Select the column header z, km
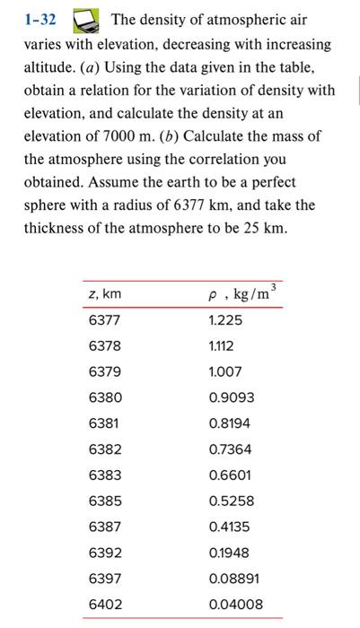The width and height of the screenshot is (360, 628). coord(105,294)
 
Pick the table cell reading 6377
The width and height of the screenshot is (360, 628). coord(104,319)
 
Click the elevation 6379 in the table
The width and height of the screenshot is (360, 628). coord(104,371)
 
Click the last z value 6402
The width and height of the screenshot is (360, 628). coord(104,605)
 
